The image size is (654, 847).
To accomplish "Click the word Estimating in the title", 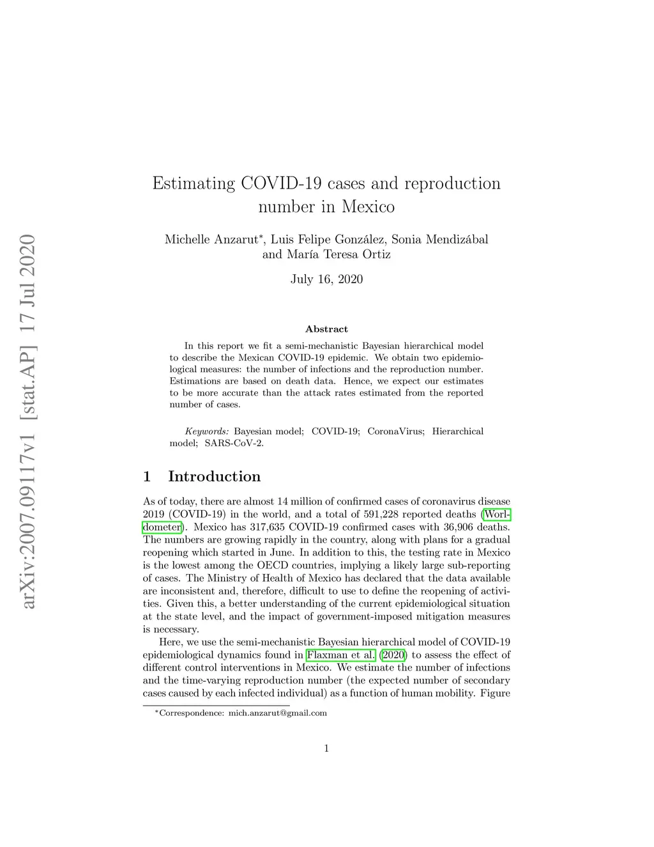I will tap(194, 183).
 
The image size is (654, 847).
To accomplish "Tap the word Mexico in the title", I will tap(368, 206).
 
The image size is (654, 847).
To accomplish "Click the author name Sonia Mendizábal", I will tap(439, 240).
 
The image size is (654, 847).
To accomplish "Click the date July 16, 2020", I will tap(326, 279).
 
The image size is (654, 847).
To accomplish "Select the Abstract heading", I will tap(326, 329).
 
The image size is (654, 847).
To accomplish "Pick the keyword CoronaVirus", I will tap(395, 431).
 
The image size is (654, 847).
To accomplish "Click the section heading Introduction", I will tap(214, 476).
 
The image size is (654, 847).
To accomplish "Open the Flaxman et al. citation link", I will tap(340, 655).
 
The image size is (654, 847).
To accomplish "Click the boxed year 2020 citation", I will tap(393, 655).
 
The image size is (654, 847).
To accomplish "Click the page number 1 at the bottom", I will tap(326, 749).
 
